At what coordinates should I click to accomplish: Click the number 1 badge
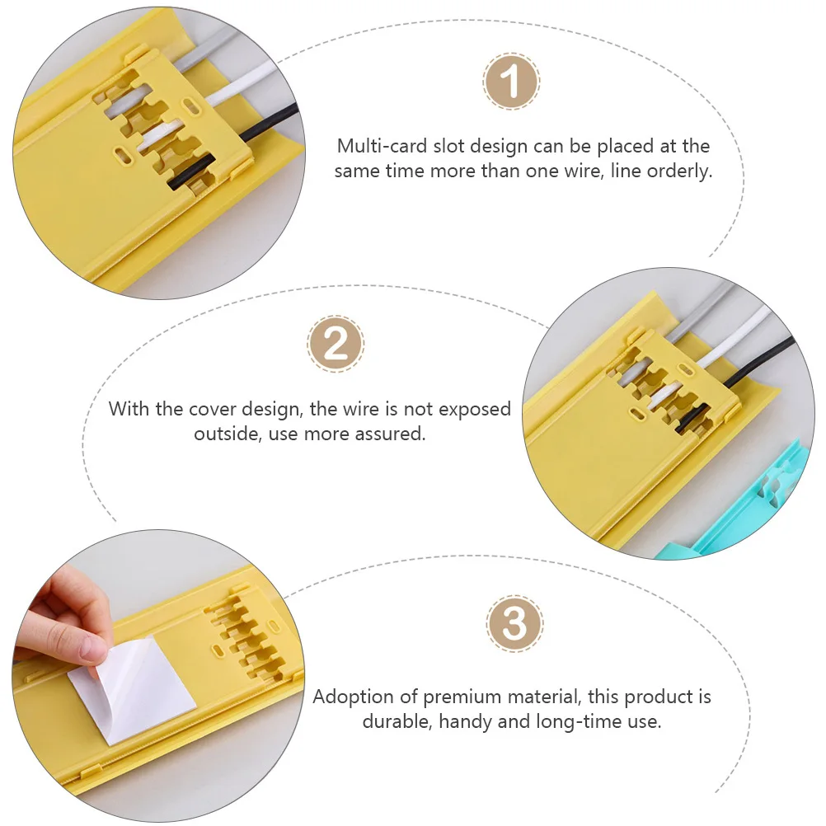510,81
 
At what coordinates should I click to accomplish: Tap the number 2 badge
335,344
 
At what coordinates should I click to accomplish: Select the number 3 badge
514,624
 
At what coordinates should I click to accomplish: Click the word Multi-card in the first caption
382,146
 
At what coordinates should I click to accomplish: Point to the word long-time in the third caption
580,721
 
